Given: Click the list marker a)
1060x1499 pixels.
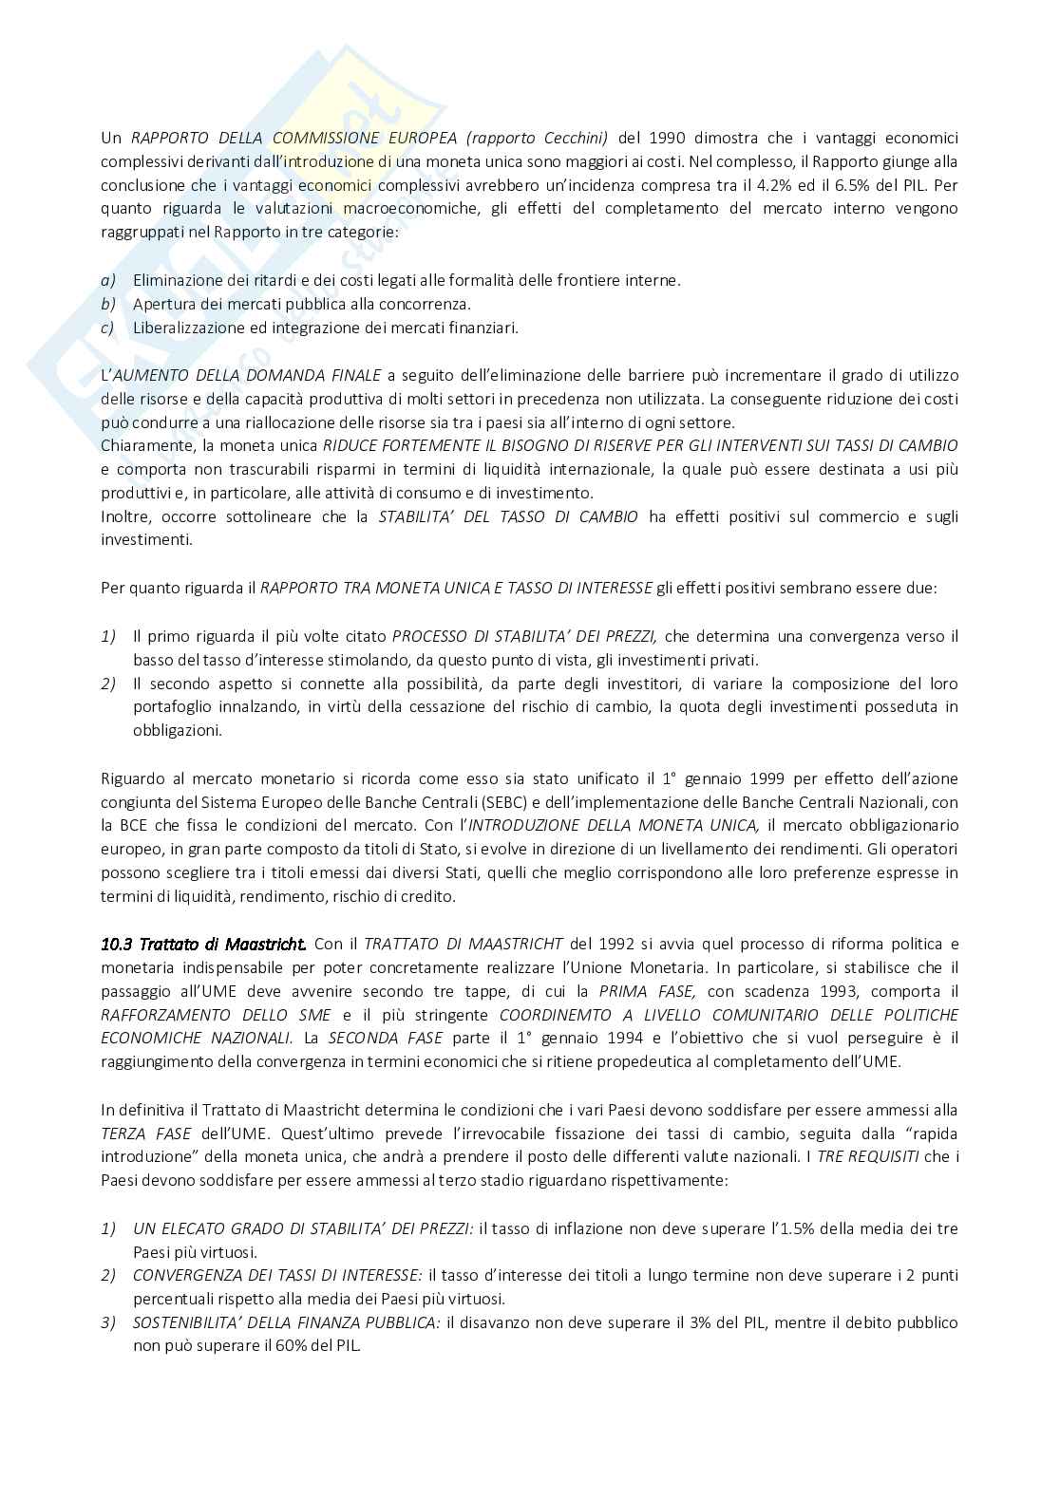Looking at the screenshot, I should coord(108,280).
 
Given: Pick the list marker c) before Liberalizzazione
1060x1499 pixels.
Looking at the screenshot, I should coord(108,328).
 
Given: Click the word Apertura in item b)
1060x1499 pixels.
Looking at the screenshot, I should coord(161,304).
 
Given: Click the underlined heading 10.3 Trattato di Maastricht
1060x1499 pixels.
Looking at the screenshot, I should coord(203,944).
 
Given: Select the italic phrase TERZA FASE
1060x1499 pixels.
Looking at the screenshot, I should coord(146,1134).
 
